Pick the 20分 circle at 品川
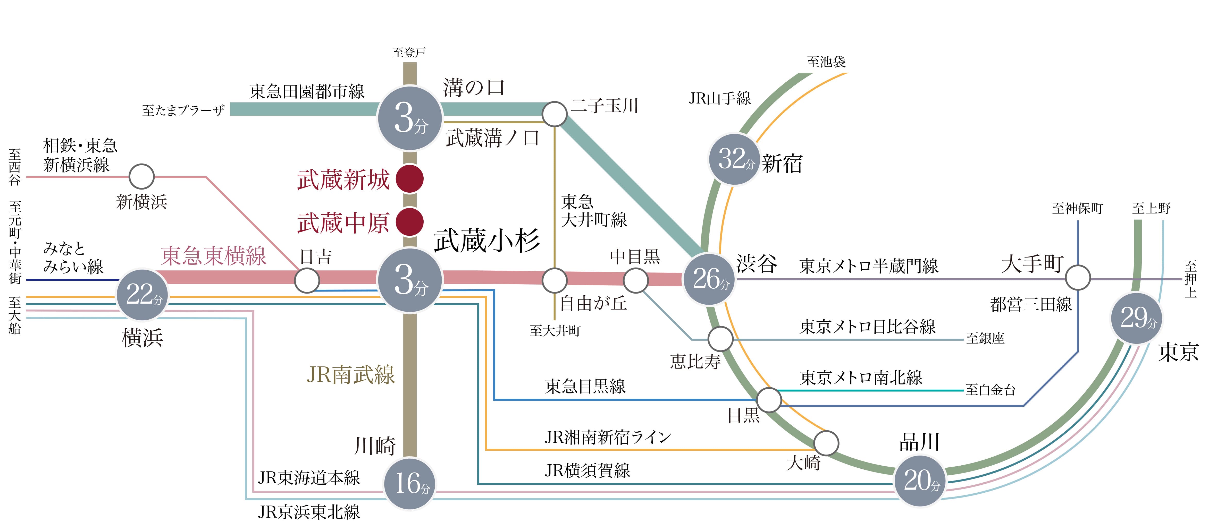[x=920, y=480]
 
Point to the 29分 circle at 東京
[x=1137, y=318]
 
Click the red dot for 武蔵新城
[x=410, y=178]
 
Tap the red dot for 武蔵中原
[x=410, y=222]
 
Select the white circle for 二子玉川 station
[x=554, y=114]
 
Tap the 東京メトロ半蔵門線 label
[x=868, y=266]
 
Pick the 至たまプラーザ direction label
[x=183, y=110]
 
